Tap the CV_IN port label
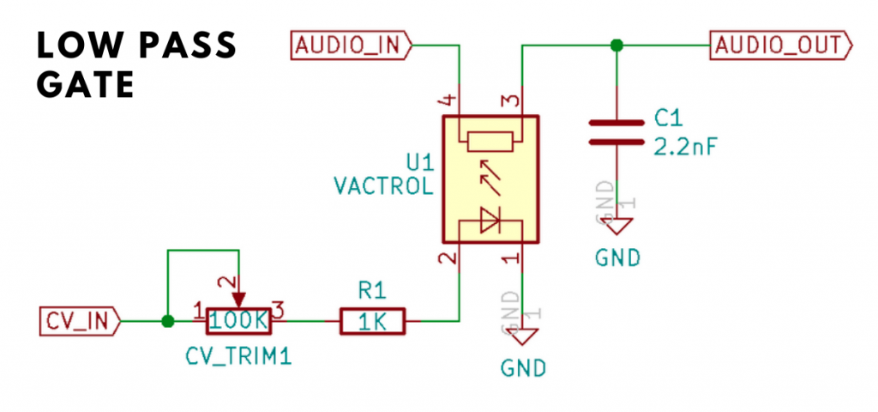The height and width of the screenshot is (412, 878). point(78,322)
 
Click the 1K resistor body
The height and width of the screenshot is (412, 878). point(373,322)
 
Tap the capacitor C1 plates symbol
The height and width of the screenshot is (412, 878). point(615,133)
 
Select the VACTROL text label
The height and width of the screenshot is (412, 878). point(382,185)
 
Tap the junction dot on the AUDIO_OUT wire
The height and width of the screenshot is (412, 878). point(615,45)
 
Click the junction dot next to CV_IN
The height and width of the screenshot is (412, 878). point(168,322)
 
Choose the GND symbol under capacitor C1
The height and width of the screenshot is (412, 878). point(615,227)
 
